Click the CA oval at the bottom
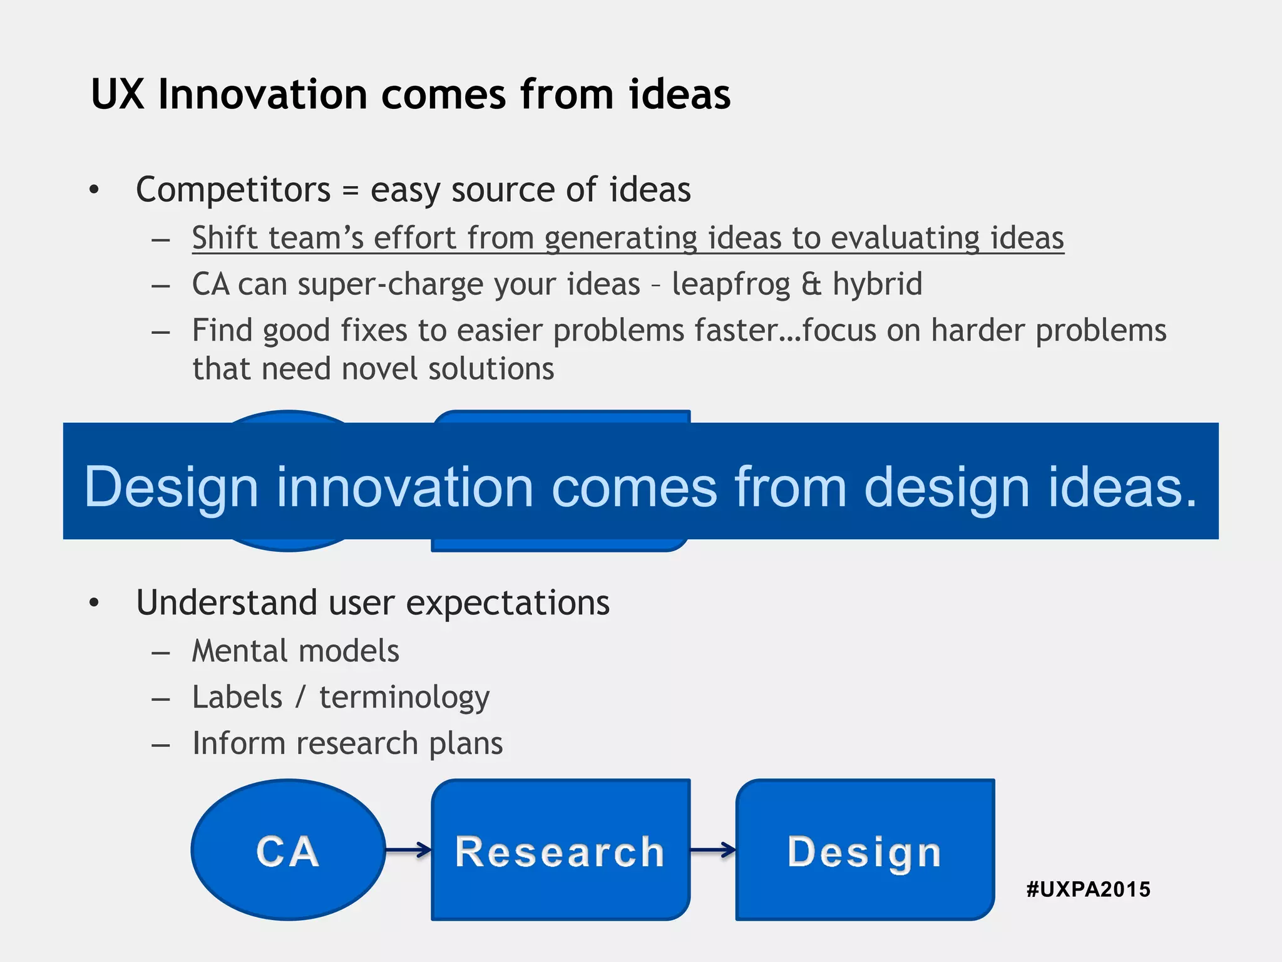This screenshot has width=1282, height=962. pos(288,850)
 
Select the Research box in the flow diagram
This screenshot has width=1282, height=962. pos(560,851)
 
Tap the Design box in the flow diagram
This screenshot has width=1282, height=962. pos(864,851)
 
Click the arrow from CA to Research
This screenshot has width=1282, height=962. pos(408,850)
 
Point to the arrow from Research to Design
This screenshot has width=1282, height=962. pos(713,850)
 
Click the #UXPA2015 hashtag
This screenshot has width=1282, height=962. pos(1088,889)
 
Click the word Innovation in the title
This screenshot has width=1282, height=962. pos(262,95)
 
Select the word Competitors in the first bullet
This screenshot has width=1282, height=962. pos(233,189)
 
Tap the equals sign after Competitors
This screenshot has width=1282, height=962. pos(351,190)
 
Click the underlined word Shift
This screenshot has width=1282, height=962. pos(225,238)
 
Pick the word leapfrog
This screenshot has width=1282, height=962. pos(731,284)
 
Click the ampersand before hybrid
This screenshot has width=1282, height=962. pos(811,284)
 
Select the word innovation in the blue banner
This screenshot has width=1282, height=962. pos(404,487)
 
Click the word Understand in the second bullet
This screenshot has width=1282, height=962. pos(227,603)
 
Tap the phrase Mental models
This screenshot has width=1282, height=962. pos(295,651)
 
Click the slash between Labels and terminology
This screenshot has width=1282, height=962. pos(301,697)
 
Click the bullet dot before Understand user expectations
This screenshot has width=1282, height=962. pos(94,603)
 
